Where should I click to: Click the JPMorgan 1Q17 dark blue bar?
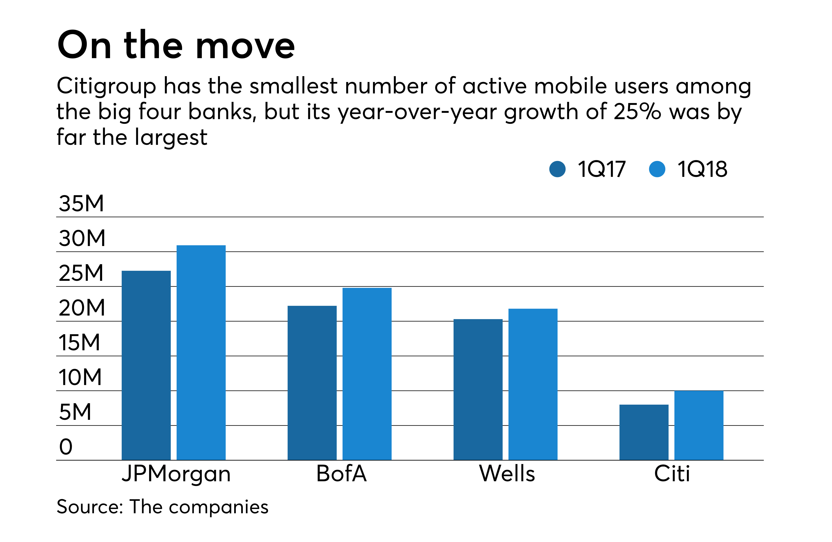pyautogui.click(x=146, y=365)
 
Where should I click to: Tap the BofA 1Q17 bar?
pyautogui.click(x=312, y=383)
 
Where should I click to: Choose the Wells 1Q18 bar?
pyautogui.click(x=533, y=384)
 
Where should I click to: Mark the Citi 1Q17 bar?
pyautogui.click(x=644, y=432)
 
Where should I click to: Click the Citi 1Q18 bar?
pyautogui.click(x=699, y=425)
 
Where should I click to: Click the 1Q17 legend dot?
pyautogui.click(x=557, y=169)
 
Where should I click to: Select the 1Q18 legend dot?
pyautogui.click(x=657, y=169)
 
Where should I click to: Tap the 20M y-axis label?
pyautogui.click(x=82, y=308)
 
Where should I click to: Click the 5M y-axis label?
pyautogui.click(x=75, y=412)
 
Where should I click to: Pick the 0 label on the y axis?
pyautogui.click(x=66, y=447)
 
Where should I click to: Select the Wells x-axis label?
pyautogui.click(x=507, y=474)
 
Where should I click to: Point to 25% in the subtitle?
pyautogui.click(x=637, y=112)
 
